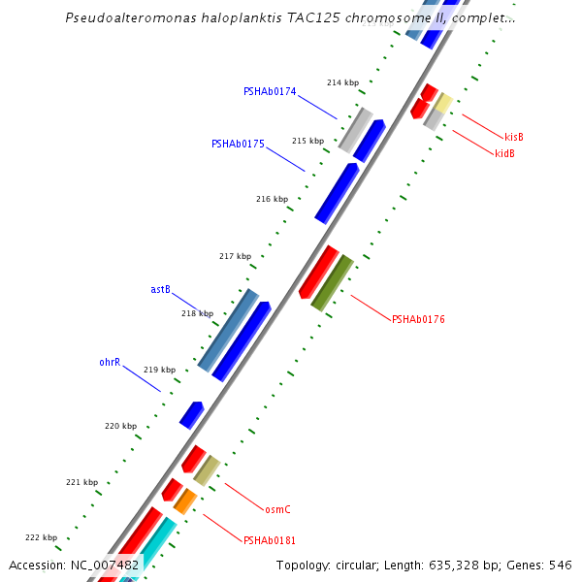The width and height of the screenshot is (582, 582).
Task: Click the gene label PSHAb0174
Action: [270, 91]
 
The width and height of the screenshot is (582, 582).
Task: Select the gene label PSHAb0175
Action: [238, 144]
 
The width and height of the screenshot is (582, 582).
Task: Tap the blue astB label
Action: [160, 289]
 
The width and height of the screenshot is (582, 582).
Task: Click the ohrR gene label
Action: [110, 362]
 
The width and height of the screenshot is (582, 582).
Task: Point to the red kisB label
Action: [514, 137]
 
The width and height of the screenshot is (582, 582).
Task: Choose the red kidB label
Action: [504, 153]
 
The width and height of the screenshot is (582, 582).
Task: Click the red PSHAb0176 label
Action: [418, 319]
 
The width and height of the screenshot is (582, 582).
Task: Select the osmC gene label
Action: [277, 509]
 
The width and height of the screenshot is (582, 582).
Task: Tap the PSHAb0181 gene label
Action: [270, 540]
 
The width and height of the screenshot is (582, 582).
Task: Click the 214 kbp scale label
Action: [342, 82]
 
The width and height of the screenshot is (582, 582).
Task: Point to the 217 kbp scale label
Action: [235, 256]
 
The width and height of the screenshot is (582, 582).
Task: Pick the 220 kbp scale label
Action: [120, 426]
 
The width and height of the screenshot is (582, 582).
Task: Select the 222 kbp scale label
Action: [41, 537]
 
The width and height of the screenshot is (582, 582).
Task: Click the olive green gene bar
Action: [332, 282]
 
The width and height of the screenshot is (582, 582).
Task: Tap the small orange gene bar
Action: [185, 501]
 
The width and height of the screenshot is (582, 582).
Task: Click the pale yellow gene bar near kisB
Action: [442, 103]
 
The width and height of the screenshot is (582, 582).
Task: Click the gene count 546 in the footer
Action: [561, 566]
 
